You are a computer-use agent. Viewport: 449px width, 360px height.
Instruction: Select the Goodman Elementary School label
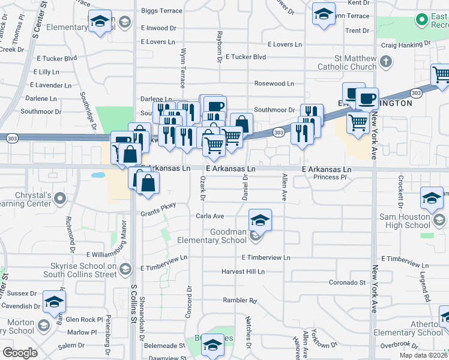[x=220, y=236]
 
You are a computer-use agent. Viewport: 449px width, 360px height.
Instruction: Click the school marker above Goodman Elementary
[x=259, y=220]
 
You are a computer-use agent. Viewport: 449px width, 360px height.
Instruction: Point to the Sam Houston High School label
[x=405, y=221]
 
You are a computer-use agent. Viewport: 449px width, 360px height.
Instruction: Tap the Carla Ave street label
[x=209, y=216]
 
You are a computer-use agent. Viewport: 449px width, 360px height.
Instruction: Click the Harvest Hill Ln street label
[x=243, y=271]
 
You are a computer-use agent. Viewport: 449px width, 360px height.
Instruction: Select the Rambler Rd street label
[x=240, y=300]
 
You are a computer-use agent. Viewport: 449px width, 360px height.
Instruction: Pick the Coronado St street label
[x=347, y=282]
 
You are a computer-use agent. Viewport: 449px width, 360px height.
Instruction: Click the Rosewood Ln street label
[x=274, y=83]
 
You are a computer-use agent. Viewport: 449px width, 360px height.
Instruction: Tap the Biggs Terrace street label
[x=161, y=11]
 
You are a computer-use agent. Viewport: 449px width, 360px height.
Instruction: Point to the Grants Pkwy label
[x=157, y=213]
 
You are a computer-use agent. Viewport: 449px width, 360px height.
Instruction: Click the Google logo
[x=20, y=352]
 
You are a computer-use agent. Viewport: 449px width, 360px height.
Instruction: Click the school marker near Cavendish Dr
[x=53, y=303]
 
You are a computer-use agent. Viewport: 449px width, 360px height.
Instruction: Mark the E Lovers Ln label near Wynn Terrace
[x=158, y=42]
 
